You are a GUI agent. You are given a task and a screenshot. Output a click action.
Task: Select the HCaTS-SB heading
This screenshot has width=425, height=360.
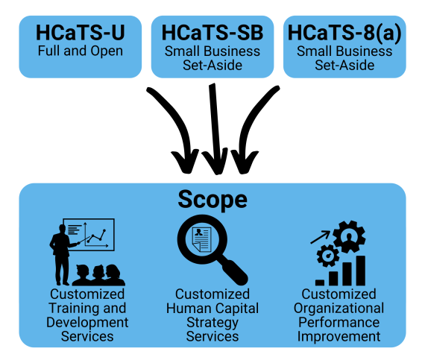(212, 34)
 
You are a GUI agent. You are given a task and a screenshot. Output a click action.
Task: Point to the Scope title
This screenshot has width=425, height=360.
(212, 200)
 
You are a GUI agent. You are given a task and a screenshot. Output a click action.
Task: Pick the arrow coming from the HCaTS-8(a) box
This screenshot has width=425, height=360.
(250, 123)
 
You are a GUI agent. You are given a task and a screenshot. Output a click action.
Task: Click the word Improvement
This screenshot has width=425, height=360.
(339, 336)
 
